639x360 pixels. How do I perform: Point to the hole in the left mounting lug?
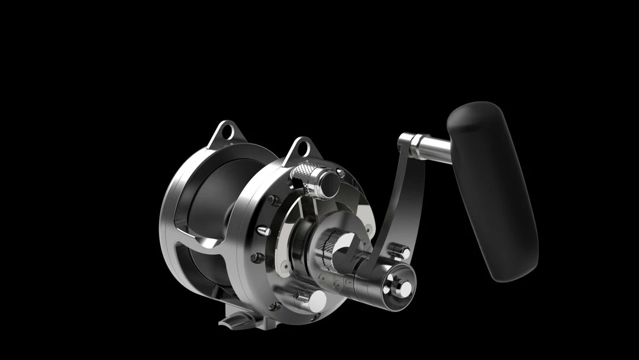(226, 134)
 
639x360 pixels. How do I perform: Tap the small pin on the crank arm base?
(401, 252)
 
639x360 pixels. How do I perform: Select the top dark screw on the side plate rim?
(274, 200)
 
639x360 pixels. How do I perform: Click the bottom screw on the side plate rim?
(274, 306)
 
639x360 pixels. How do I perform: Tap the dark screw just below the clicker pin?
(258, 258)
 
